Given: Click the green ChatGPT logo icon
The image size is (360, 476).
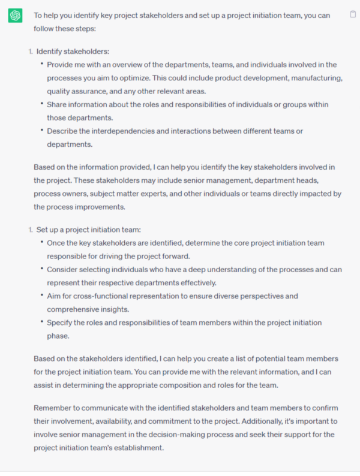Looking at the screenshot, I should tap(15, 16).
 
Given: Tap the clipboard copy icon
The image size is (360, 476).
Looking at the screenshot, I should tap(353, 14).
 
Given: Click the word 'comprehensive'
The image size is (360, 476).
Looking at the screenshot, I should tap(76, 309).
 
